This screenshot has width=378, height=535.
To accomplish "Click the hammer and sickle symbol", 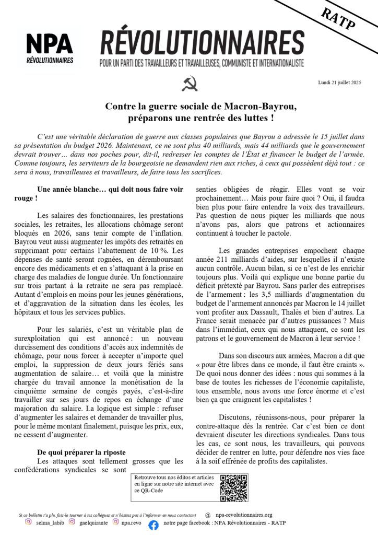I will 189,83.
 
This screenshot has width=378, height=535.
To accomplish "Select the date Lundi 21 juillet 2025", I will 339,83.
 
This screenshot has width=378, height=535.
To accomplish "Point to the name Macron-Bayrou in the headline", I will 264,106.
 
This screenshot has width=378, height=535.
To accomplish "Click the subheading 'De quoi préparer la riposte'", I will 81,452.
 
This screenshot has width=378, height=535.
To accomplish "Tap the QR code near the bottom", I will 233,488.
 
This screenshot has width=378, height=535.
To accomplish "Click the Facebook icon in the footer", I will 153,525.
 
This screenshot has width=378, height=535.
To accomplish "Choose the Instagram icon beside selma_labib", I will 29,521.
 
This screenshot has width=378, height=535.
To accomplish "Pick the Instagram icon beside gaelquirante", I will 72,521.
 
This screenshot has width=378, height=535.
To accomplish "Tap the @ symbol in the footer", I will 208,515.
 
